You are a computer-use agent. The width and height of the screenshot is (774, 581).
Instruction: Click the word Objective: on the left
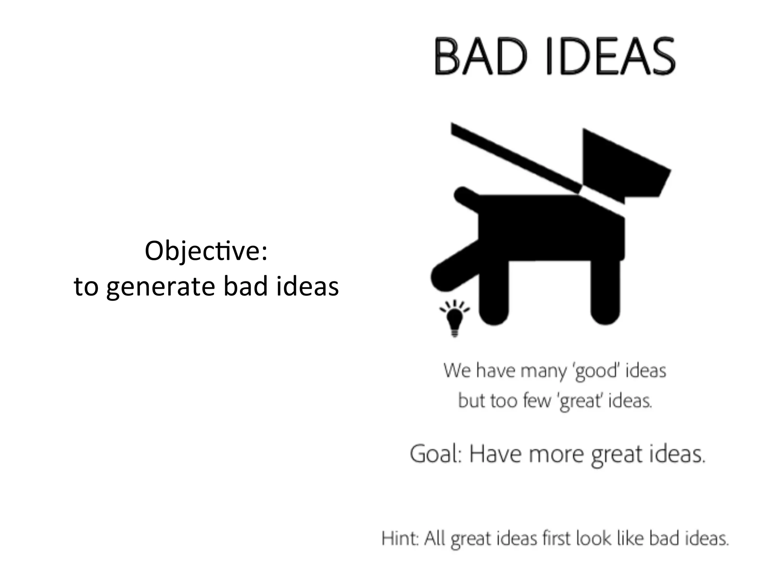(206, 251)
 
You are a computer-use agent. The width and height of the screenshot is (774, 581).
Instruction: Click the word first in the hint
(556, 538)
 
